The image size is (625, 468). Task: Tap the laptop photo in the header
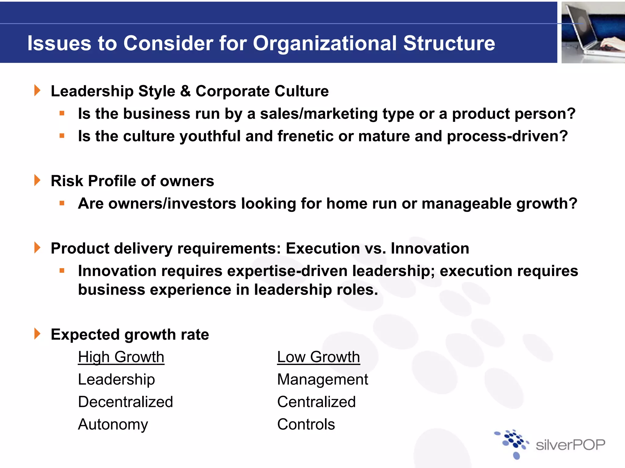[x=593, y=33]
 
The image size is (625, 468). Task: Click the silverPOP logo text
[x=570, y=445]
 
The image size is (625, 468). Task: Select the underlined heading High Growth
[x=121, y=357]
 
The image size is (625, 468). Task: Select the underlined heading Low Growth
[x=318, y=357]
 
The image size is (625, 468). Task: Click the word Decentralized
[x=125, y=402]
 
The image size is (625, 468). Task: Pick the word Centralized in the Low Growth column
[x=316, y=402]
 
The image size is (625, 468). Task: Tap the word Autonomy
[x=113, y=424]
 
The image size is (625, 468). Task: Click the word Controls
[x=306, y=424]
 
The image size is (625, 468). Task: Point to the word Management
[x=322, y=380]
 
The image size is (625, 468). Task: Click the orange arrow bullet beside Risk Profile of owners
[x=37, y=180]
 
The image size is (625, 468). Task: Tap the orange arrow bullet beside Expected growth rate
[x=37, y=334]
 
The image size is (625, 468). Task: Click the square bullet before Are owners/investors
[x=62, y=203]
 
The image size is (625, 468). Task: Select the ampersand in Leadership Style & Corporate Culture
[x=185, y=91]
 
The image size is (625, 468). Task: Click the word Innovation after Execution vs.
[x=430, y=248]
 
